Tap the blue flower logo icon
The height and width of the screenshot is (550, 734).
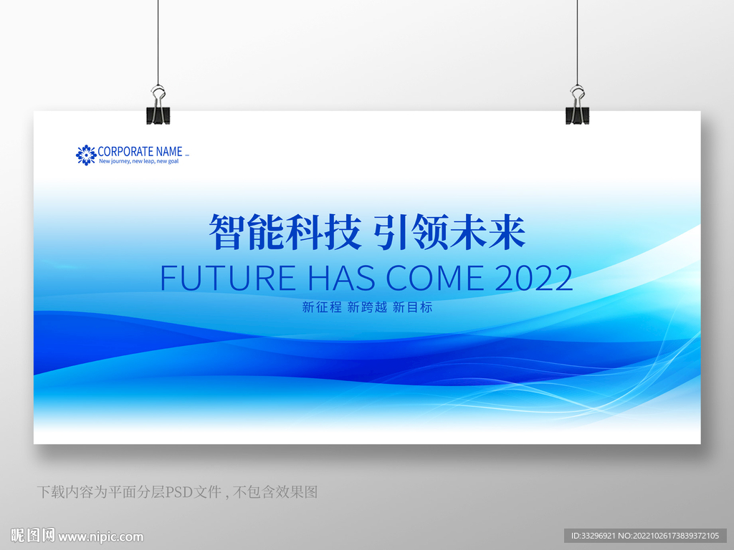point(86,155)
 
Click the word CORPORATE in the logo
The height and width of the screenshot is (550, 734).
point(125,152)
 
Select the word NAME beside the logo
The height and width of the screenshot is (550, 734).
point(169,152)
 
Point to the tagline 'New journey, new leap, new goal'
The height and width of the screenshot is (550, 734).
point(138,161)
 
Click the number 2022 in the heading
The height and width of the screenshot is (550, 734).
point(533,278)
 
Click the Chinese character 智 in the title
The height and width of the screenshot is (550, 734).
point(228,232)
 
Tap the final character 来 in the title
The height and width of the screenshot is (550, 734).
point(507,232)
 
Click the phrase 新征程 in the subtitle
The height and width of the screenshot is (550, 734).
point(322,307)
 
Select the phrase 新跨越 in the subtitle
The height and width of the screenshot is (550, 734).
point(368,307)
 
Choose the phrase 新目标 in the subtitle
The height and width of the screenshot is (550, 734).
point(412,307)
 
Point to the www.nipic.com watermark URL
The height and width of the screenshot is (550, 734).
point(100,537)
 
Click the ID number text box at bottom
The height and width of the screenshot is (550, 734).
point(646,536)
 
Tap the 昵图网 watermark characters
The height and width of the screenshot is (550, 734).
point(33,535)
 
